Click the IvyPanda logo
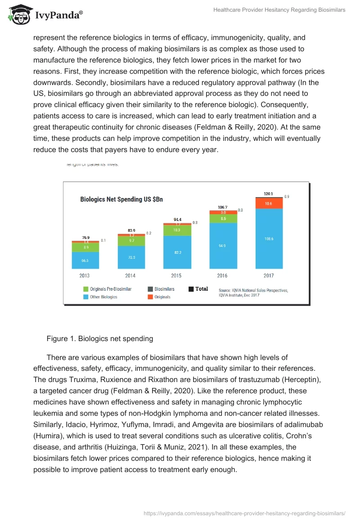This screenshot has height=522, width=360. pos(45,15)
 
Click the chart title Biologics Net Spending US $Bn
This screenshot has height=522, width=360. pos(121,199)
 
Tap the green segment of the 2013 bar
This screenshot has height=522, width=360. pos(85,247)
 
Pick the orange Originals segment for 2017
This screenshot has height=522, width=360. pos(269,203)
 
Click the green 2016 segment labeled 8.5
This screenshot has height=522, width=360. pos(223,219)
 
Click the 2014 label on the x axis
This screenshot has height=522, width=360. pos(130,275)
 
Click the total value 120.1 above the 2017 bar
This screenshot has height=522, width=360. pos(269,193)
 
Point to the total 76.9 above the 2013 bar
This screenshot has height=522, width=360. pos(85,238)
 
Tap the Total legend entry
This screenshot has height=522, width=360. pos(198,289)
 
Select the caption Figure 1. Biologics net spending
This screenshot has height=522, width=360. pos(99,339)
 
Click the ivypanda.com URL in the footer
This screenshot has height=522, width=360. pos(244,513)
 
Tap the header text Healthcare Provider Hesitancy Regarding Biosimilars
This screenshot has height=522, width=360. pos(279,10)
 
